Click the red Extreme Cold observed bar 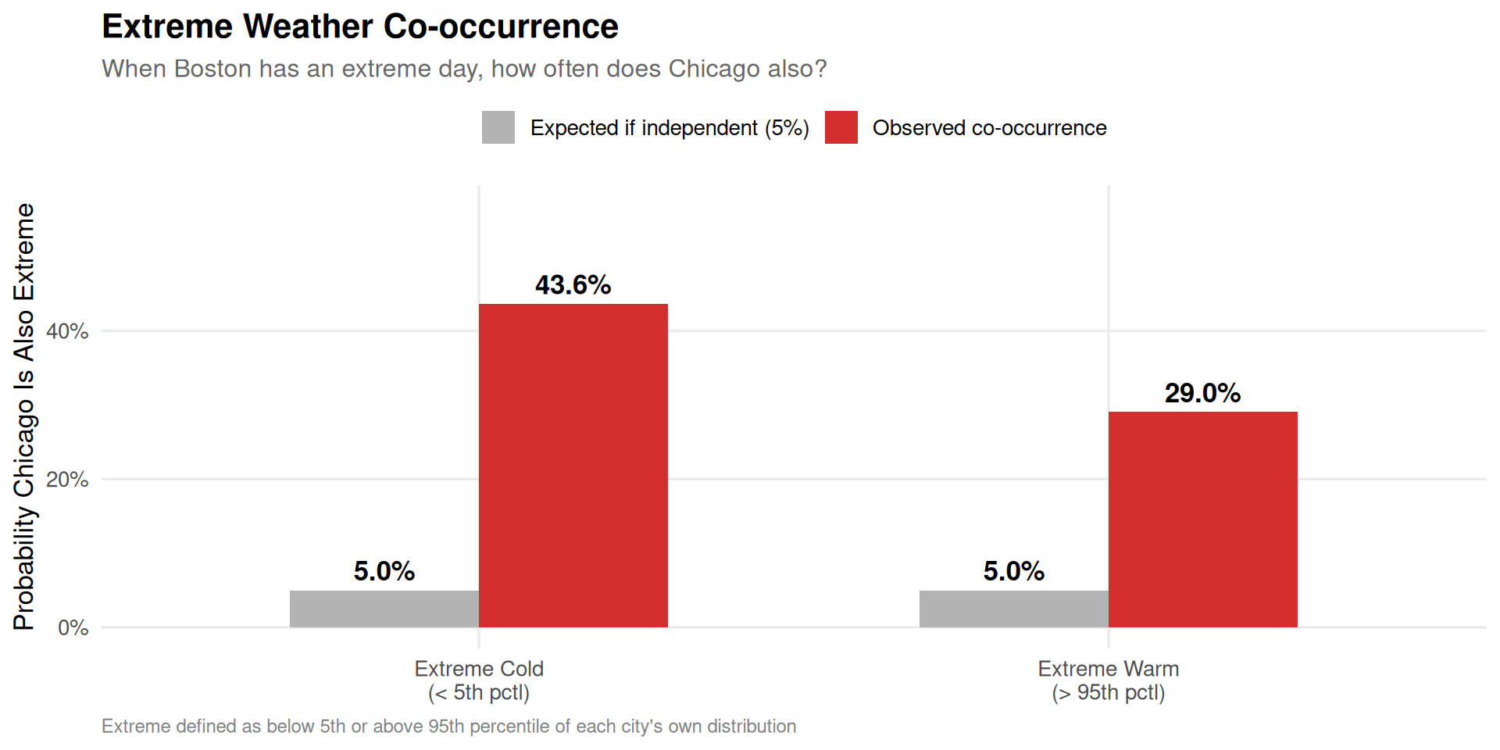point(573,465)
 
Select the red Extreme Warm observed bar point(1202,519)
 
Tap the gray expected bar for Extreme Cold point(384,609)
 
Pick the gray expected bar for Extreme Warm point(1013,609)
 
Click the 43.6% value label point(573,285)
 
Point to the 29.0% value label point(1202,393)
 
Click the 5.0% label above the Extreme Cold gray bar point(384,571)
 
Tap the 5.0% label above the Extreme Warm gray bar point(1013,571)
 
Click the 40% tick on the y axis point(67,331)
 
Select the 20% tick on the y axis point(67,480)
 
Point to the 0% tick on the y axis point(73,628)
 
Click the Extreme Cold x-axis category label point(479,680)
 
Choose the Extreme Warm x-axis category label point(1108,680)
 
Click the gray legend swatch point(498,127)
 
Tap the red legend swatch point(841,127)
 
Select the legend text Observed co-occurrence point(989,128)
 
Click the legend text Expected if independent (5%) point(670,128)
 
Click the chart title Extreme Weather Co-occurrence point(360,27)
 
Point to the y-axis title point(24,416)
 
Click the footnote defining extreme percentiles point(448,727)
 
